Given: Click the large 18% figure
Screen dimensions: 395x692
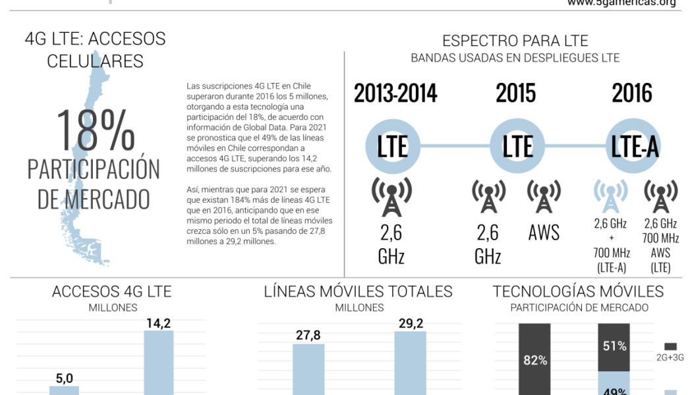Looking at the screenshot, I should [x=96, y=130].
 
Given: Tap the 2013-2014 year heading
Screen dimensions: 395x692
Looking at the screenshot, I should [x=395, y=93].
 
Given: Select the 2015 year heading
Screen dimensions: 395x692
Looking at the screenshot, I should [x=515, y=93].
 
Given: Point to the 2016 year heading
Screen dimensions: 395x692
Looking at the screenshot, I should [x=631, y=93].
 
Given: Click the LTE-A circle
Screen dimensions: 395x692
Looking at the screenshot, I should [x=635, y=146].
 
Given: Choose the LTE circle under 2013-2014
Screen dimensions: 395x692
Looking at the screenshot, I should [x=393, y=146].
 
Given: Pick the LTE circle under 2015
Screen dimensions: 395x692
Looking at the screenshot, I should [x=517, y=146].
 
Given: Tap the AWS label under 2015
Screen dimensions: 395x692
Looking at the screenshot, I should [x=544, y=232].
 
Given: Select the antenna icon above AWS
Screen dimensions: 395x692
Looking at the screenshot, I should [x=544, y=196].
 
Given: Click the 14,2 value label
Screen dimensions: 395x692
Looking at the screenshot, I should [x=159, y=323].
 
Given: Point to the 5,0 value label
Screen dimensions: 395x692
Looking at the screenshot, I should [x=64, y=378].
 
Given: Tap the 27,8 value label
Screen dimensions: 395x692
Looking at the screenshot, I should [x=308, y=336].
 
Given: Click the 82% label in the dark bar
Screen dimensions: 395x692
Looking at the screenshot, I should [x=535, y=360].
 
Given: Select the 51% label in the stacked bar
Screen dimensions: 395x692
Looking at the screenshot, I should [x=614, y=346].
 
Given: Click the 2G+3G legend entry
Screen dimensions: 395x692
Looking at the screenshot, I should [x=670, y=352].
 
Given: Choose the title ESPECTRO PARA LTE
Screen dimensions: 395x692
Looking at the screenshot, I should [x=515, y=41].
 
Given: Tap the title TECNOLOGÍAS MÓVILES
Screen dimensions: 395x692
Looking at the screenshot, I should [x=578, y=292].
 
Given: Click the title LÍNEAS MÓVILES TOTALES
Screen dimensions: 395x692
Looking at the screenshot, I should [x=359, y=292].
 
